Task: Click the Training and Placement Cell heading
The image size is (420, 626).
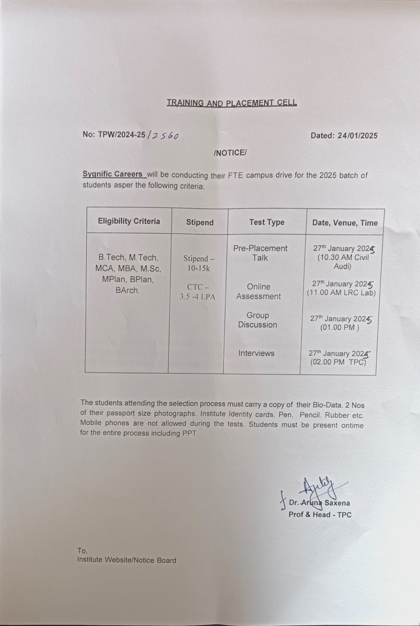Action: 232,103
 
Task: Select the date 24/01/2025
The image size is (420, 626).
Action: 357,136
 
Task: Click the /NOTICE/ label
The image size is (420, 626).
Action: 230,153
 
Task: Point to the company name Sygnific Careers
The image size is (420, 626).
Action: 113,174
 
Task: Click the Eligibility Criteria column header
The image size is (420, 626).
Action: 129,221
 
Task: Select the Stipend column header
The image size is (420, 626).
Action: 199,223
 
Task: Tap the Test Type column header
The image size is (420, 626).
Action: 267,222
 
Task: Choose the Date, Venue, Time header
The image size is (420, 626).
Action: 345,223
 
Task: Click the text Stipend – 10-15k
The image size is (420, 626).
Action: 199,263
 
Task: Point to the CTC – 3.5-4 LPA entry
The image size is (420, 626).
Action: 197,292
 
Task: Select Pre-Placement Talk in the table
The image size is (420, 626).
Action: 260,253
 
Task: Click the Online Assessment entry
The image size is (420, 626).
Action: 258,291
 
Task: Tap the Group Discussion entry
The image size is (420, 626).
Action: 257,320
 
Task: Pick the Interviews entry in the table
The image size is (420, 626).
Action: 257,353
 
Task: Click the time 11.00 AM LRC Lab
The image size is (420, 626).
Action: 341,293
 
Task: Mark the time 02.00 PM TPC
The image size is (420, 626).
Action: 338,362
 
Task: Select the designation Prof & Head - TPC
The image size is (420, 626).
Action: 320,515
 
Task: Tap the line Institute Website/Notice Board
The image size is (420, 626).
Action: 127,560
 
